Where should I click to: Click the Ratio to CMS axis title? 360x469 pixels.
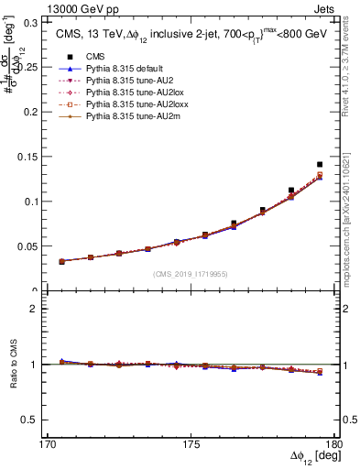point(12,365)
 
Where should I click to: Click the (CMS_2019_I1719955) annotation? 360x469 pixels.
point(191,273)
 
